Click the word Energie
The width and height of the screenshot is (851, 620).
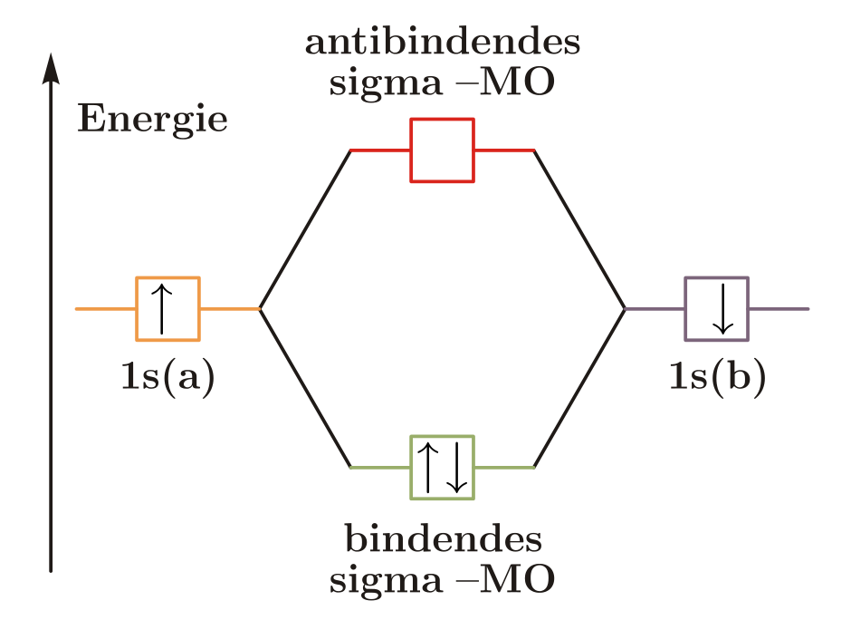152,120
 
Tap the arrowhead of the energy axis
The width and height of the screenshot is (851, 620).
51,69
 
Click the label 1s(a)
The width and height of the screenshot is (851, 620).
168,377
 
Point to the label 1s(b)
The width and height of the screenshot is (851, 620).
718,377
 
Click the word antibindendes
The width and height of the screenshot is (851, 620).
443,42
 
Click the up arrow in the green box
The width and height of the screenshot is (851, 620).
428,468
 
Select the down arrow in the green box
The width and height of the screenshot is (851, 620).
456,468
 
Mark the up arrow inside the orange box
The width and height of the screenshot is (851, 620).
162,309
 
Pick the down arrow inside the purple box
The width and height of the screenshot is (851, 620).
723,309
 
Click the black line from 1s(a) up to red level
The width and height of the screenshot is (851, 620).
306,229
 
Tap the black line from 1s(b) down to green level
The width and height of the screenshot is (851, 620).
579,388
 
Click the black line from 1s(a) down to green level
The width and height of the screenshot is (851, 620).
306,388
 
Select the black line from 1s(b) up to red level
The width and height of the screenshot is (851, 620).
579,229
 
